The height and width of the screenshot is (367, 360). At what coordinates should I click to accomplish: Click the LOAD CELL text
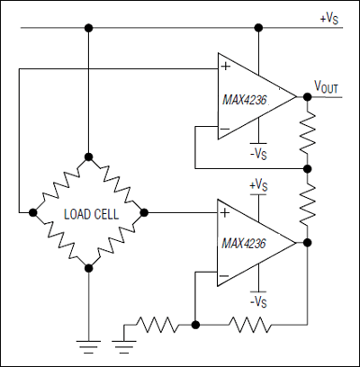pyautogui.click(x=87, y=213)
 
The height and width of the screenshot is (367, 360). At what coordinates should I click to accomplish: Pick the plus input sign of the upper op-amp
pyautogui.click(x=225, y=66)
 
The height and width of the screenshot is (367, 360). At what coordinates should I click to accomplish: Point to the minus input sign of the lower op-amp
pyautogui.click(x=225, y=274)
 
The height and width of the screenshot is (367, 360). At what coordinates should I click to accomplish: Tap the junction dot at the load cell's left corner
pyautogui.click(x=33, y=213)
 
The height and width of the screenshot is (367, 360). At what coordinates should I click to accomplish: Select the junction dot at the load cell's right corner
pyautogui.click(x=142, y=213)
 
